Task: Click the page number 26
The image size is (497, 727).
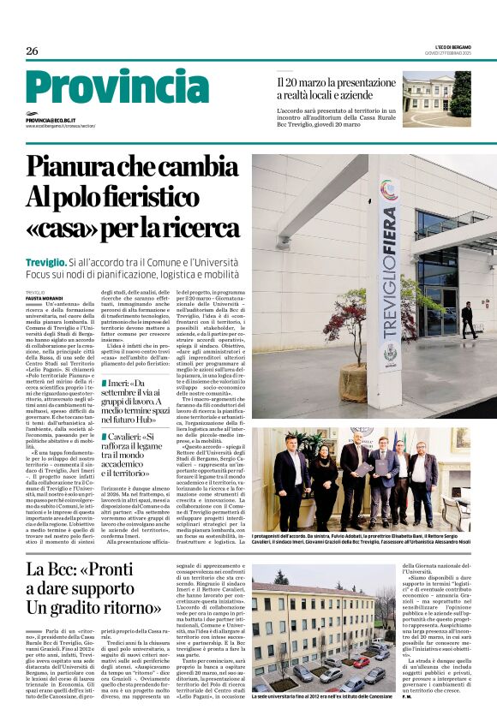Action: [x=32, y=51]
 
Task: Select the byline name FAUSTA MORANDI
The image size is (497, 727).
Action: [x=43, y=297]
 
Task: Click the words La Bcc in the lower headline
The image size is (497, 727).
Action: [x=51, y=569]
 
